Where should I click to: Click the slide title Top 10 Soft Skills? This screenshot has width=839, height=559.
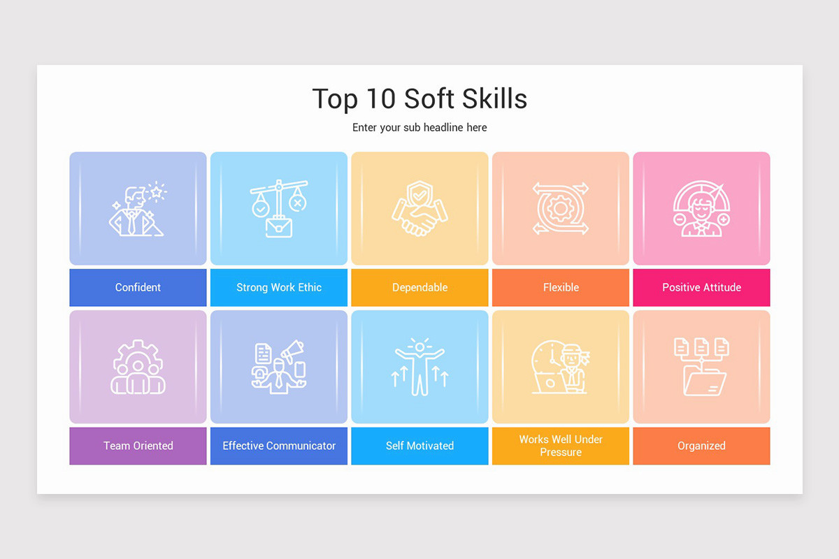point(419,99)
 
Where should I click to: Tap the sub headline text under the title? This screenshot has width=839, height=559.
point(419,128)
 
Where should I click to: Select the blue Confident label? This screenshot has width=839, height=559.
point(138,287)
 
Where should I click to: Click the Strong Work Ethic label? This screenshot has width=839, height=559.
point(279,287)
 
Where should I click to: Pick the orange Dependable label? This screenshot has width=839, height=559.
point(419,287)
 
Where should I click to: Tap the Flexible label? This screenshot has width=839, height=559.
point(561,287)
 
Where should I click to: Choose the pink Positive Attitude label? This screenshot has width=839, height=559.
point(701,287)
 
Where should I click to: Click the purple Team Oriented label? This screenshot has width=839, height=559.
point(138,446)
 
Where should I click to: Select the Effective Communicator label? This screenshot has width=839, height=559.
point(279,446)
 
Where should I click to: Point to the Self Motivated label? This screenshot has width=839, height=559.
point(419,446)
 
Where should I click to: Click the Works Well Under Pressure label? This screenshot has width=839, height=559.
point(561,446)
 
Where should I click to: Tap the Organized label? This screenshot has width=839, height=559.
point(701,446)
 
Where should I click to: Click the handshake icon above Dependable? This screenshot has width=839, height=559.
point(419,209)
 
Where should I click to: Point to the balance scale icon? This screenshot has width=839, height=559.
point(279,209)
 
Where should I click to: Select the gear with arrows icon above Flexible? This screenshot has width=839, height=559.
point(561,209)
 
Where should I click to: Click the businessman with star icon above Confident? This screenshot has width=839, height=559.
point(138,210)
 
